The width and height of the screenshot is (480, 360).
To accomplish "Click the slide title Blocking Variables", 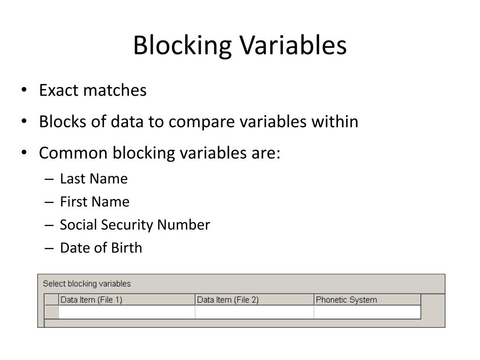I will coord(240,46).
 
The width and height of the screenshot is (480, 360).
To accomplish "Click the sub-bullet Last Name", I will coord(94,179).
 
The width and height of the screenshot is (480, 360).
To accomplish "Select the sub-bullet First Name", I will coord(95,202).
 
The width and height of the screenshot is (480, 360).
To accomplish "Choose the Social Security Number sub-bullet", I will coord(135,225).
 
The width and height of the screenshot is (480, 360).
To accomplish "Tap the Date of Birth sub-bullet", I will coord(101,248).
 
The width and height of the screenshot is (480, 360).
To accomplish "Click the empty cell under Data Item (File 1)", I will coord(127,312).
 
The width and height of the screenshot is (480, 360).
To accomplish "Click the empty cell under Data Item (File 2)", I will coord(254,312).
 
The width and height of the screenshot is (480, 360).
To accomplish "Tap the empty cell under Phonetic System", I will coord(367,312).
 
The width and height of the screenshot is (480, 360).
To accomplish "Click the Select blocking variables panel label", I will coord(87,284).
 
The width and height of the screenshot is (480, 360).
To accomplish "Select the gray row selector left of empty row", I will coord(52,312).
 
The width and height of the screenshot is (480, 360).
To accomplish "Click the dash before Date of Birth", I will coord(50,249).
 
